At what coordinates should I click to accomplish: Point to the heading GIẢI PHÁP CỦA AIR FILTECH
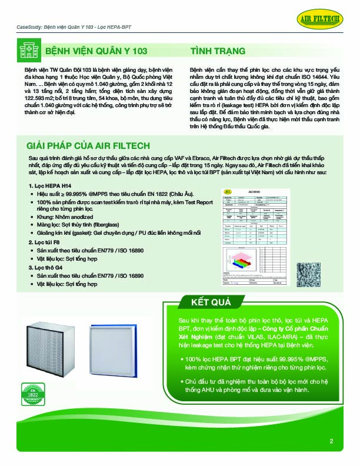(x=88, y=145)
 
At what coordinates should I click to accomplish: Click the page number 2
(x=331, y=441)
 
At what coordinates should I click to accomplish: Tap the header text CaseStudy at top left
(x=28, y=28)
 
